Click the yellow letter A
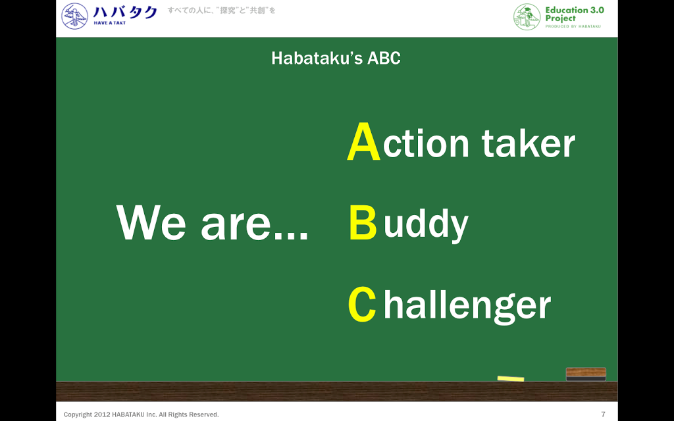click(363, 141)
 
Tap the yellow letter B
click(363, 222)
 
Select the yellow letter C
click(362, 304)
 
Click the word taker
click(528, 143)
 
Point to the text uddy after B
click(426, 224)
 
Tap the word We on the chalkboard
click(151, 222)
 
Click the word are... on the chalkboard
click(255, 226)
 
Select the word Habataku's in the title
click(317, 58)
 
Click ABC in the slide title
click(384, 58)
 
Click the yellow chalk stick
click(511, 378)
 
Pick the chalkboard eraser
click(586, 374)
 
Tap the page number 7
click(603, 414)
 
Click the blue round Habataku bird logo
click(75, 16)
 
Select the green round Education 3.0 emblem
click(527, 16)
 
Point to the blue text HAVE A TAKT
click(110, 23)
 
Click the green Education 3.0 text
click(575, 10)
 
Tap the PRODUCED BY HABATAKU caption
click(573, 26)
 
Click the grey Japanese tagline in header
click(221, 11)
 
